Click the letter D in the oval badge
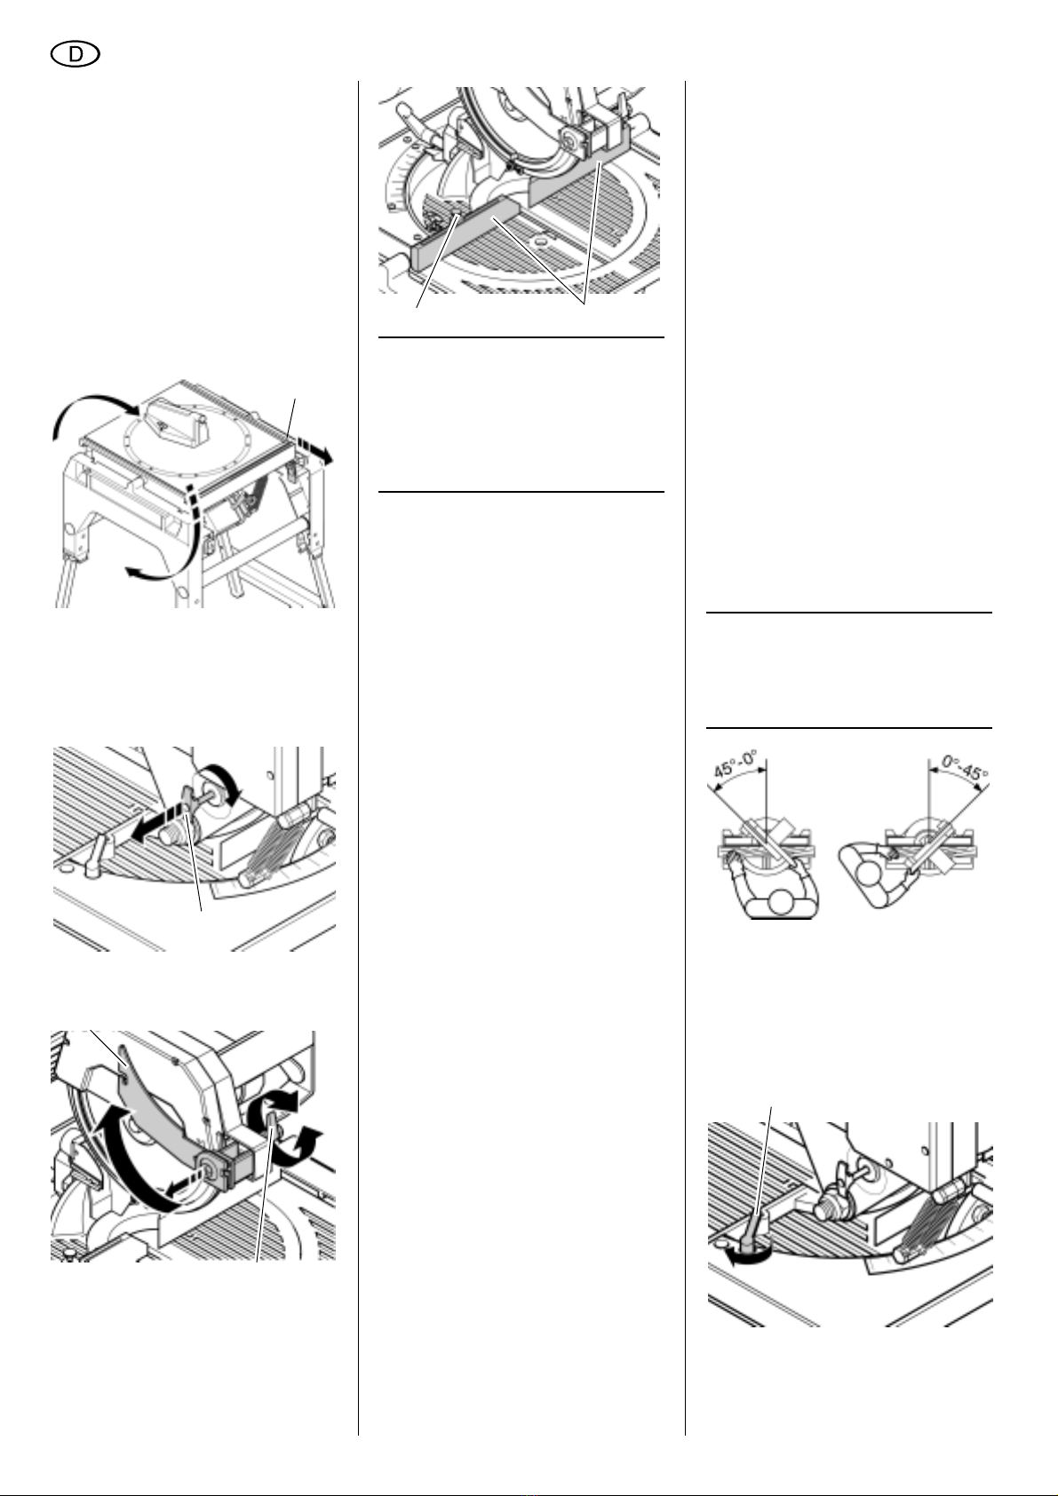coord(76,55)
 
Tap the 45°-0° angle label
coord(736,764)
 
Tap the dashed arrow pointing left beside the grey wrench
coord(155,824)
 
